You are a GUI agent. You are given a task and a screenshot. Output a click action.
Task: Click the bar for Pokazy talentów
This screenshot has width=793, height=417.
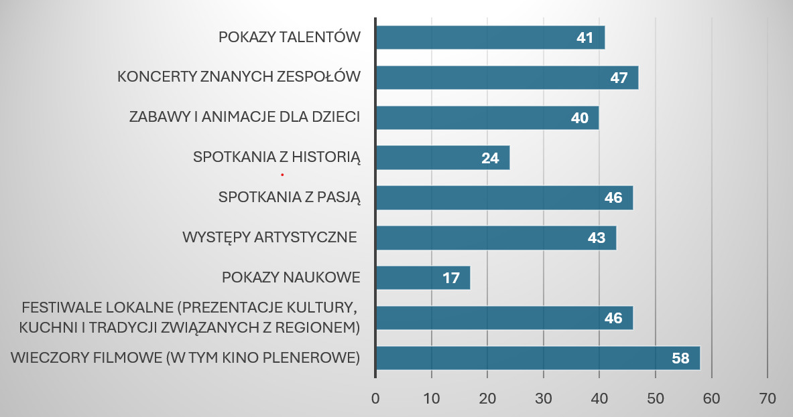[490, 37]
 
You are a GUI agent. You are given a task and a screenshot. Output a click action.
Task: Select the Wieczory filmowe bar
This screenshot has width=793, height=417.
[538, 358]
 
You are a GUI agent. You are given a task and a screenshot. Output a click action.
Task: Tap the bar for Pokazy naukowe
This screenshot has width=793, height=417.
[423, 278]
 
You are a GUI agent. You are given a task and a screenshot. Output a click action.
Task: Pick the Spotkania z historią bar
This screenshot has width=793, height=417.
[442, 158]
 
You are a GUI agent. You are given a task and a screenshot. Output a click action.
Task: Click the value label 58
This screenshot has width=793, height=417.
[680, 358]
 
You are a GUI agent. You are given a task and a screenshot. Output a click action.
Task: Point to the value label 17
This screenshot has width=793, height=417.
[451, 278]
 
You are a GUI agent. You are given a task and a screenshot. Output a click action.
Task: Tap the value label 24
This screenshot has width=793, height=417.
[490, 158]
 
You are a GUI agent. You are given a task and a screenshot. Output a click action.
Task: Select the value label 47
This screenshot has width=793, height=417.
[619, 78]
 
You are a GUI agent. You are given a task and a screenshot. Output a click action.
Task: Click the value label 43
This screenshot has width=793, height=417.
[597, 238]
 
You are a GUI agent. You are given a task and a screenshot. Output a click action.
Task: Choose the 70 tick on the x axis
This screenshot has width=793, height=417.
[767, 398]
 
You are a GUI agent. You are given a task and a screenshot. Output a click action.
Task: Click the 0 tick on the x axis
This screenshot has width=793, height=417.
[375, 398]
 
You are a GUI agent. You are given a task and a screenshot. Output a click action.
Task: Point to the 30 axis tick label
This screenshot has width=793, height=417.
[544, 398]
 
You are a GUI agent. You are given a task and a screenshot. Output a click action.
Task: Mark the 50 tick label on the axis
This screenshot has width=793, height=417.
[656, 398]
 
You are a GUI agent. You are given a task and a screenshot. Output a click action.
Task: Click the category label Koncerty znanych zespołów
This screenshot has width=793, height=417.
[239, 77]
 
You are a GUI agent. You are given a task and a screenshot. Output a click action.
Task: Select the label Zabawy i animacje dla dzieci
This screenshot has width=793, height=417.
[245, 117]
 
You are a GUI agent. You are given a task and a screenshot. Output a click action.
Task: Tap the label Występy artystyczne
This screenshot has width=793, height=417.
[269, 238]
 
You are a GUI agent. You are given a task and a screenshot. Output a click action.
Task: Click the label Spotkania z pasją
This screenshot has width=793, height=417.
[290, 197]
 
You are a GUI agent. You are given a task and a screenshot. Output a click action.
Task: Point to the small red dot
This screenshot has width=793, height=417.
[282, 175]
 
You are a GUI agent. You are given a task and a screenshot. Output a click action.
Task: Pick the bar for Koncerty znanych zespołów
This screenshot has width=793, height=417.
[507, 78]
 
